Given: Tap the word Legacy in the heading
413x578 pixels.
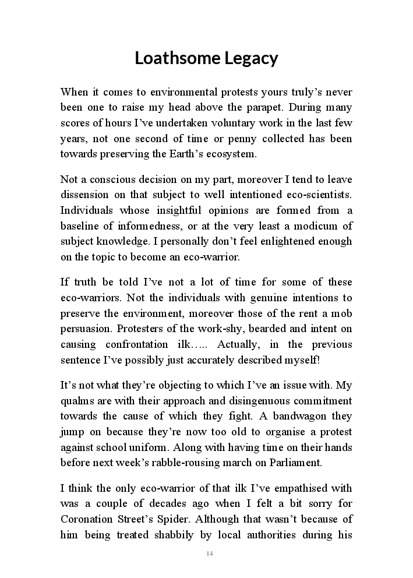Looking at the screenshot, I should click(249, 58).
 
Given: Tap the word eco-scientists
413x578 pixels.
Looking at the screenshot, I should click(320, 195).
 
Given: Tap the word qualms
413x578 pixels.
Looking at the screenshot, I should click(76, 401).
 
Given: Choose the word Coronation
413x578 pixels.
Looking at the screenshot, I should click(86, 519).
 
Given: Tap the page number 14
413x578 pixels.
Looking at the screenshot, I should click(210, 553).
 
